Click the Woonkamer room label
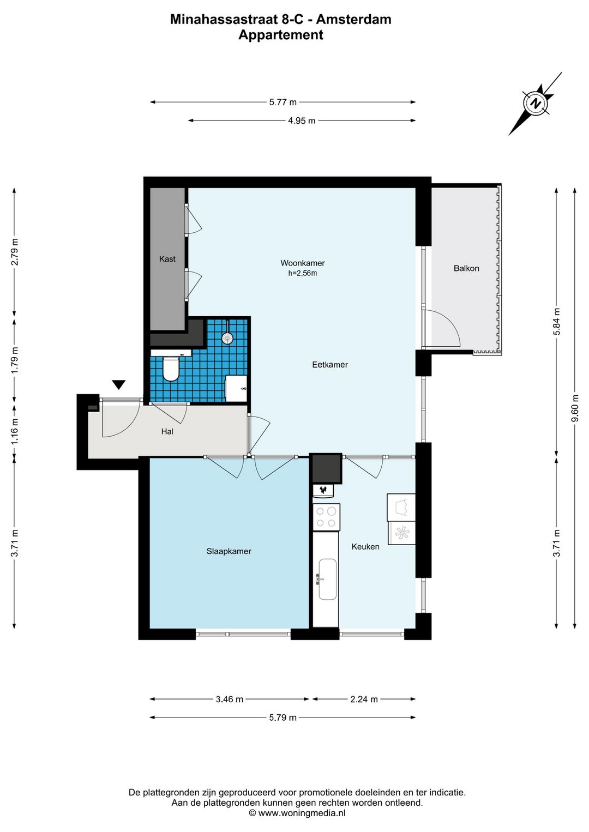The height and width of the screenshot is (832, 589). click(303, 263)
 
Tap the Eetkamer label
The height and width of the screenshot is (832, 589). click(330, 365)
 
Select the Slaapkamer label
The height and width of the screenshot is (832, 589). click(229, 552)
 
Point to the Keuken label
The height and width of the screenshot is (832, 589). click(365, 547)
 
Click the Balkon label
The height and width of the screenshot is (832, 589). click(466, 268)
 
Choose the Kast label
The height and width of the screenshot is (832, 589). click(167, 259)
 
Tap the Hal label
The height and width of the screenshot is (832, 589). click(167, 431)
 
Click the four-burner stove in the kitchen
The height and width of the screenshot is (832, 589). click(326, 517)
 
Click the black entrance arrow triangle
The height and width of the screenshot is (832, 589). click(119, 384)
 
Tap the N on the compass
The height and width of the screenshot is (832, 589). click(536, 103)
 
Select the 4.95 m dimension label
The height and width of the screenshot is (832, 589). click(302, 120)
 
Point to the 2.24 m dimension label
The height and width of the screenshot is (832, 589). click(364, 700)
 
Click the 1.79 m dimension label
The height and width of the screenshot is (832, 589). click(15, 361)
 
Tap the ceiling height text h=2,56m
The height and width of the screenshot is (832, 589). click(303, 273)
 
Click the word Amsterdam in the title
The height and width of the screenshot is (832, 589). click(353, 19)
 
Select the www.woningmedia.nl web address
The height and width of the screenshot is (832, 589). click(302, 813)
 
